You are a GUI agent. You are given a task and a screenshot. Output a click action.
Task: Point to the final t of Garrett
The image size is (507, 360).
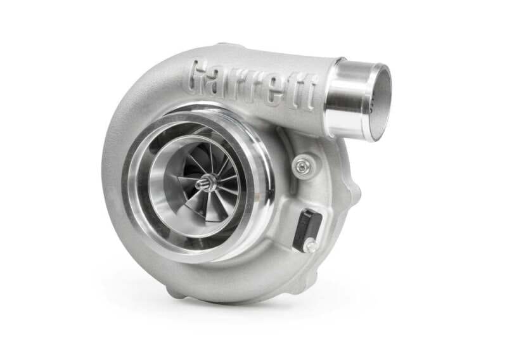[305, 96]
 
